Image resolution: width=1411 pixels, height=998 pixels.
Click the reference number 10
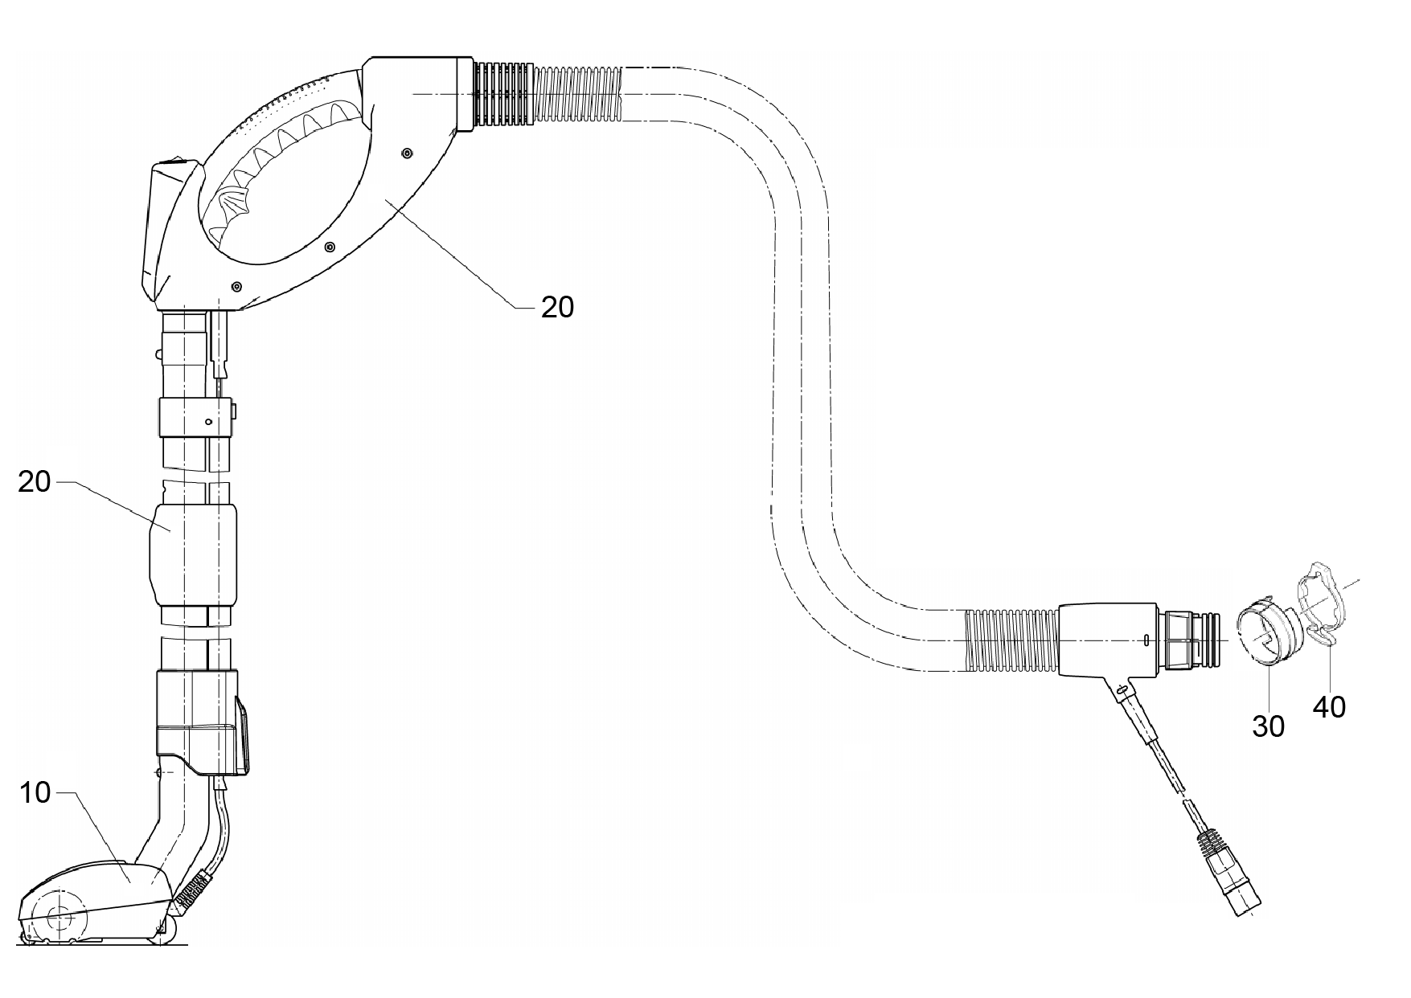(35, 792)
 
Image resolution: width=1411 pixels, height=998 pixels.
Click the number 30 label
(1269, 726)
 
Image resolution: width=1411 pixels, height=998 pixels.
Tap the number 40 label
(1329, 706)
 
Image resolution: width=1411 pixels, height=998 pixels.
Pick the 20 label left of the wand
(35, 481)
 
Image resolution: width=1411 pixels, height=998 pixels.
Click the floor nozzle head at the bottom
(96, 902)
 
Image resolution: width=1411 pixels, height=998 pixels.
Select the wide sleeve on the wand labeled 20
(194, 554)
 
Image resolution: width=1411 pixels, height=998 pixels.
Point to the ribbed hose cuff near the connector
(1011, 640)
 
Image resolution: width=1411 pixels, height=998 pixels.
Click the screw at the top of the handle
(407, 153)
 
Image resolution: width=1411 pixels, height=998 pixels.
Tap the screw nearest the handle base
(236, 286)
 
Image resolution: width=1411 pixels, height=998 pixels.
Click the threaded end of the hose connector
(1190, 640)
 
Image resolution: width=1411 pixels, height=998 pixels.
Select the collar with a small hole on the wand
(196, 417)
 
